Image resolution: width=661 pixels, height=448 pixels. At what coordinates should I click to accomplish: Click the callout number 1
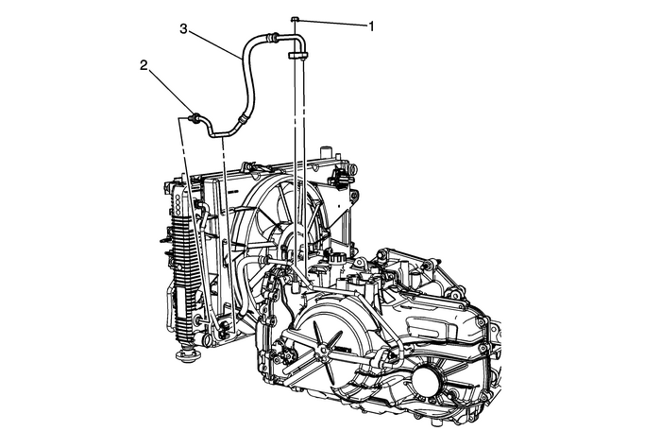pos(371,26)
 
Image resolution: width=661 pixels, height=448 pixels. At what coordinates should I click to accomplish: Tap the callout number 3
pos(185,30)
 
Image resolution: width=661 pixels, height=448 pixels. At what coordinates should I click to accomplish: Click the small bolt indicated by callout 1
pos(296,20)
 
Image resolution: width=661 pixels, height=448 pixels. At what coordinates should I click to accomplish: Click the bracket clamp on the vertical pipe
pos(297,58)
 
